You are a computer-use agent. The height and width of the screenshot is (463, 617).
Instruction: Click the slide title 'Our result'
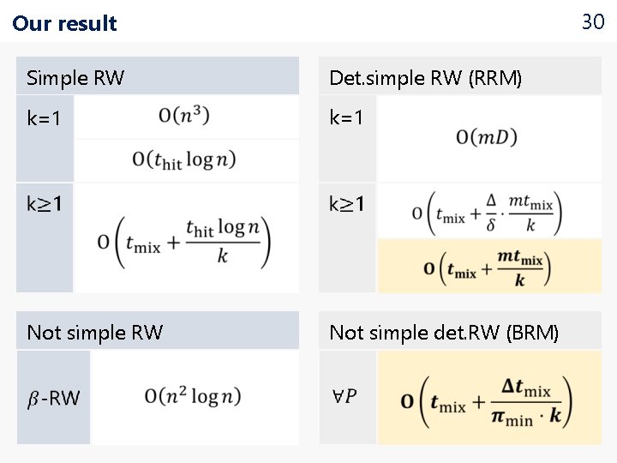(x=64, y=23)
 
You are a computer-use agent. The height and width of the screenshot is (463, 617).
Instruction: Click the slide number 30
(x=593, y=22)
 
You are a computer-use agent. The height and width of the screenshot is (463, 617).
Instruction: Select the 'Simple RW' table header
(x=75, y=78)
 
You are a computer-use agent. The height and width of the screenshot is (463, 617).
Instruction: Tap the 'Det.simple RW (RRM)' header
(x=425, y=79)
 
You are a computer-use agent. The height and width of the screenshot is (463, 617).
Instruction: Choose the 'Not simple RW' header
(x=94, y=333)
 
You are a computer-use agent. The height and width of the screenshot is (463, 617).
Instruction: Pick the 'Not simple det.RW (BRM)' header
(x=443, y=333)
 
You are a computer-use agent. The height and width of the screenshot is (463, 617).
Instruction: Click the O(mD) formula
(x=487, y=136)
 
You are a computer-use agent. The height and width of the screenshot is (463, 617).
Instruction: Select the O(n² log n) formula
(x=193, y=396)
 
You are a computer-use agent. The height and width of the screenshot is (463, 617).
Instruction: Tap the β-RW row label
(x=53, y=398)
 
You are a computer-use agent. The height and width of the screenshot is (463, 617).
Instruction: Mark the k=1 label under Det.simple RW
(x=346, y=117)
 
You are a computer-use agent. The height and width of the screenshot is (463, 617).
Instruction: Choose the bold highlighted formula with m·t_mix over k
(x=486, y=268)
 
